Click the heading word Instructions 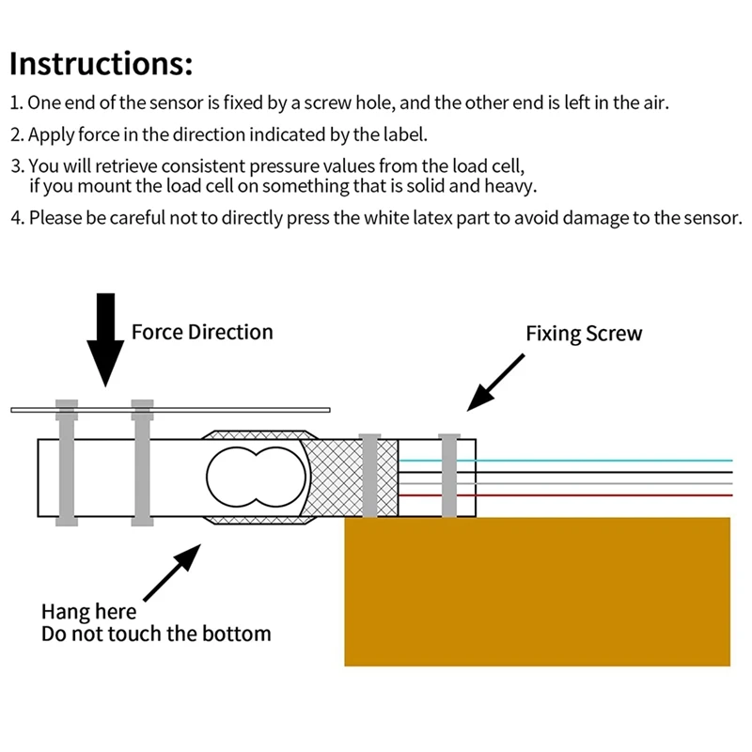[101, 63]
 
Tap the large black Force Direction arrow [105, 339]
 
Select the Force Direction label [202, 332]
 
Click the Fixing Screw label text [584, 334]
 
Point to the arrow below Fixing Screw [496, 383]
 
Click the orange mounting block [537, 591]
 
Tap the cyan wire [566, 461]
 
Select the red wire [566, 495]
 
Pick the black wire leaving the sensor [566, 472]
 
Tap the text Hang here [88, 612]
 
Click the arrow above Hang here [172, 572]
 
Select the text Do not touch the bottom [156, 634]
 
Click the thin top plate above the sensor [171, 410]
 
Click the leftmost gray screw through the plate [67, 462]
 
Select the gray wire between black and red [566, 483]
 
